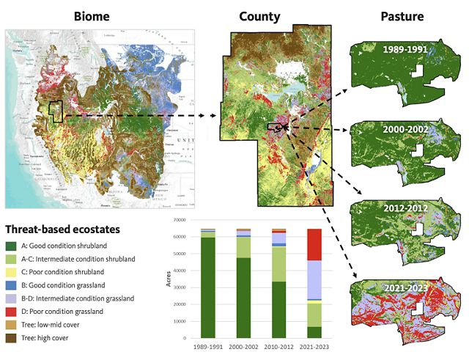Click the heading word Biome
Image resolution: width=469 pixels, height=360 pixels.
pos(92,15)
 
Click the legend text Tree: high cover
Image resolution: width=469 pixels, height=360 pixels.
pos(53,337)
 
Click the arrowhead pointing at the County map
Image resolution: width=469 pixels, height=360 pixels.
pos(217,116)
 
